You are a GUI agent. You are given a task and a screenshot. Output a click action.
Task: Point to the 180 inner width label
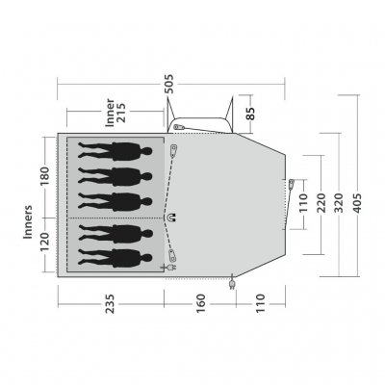[x=44, y=177]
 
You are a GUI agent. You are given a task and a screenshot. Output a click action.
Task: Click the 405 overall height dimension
[x=363, y=203]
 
